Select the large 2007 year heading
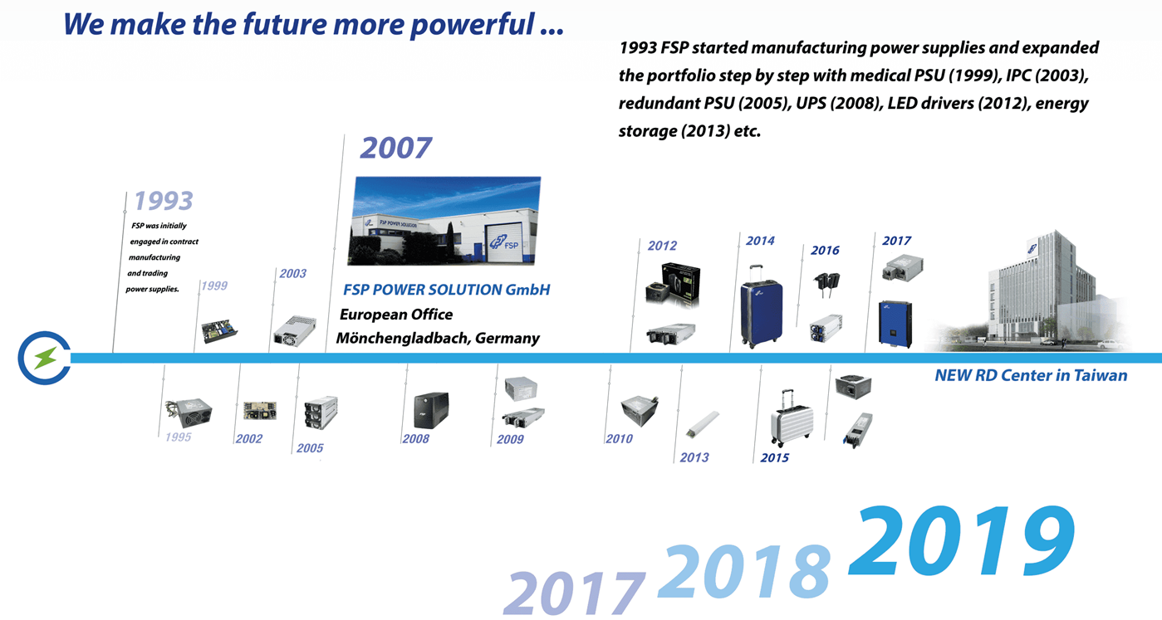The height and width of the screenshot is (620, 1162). click(x=396, y=149)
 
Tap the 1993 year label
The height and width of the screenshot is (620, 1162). click(x=164, y=201)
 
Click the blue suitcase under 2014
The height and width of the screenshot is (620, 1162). click(x=762, y=307)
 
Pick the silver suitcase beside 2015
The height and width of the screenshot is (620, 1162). click(x=792, y=419)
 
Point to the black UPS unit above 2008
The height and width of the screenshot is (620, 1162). click(x=431, y=409)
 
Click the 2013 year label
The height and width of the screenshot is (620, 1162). click(x=694, y=457)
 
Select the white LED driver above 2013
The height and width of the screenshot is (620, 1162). click(x=703, y=423)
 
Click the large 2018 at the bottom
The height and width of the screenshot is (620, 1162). click(x=744, y=571)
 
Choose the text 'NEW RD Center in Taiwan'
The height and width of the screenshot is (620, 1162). click(x=1031, y=375)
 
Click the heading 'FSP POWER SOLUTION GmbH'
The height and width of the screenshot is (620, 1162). click(x=447, y=290)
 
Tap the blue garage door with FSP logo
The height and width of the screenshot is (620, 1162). click(x=503, y=242)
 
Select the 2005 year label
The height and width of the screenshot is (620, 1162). click(x=310, y=448)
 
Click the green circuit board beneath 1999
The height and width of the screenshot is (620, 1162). click(x=219, y=330)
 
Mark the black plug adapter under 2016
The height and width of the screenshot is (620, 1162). click(x=827, y=284)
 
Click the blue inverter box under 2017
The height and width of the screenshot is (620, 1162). click(x=895, y=324)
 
